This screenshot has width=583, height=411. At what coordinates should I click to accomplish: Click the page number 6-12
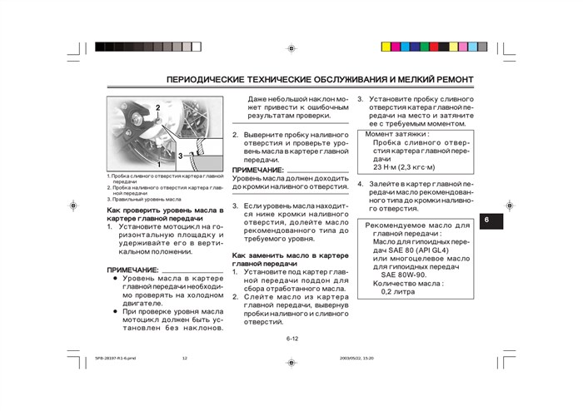pyautogui.click(x=291, y=339)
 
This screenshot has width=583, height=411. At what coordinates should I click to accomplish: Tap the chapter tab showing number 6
pyautogui.click(x=489, y=220)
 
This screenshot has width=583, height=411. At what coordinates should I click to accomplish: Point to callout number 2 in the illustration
pyautogui.click(x=157, y=108)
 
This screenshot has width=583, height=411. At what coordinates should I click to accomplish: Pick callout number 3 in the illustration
pyautogui.click(x=179, y=156)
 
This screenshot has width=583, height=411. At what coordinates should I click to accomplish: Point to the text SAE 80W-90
pyautogui.click(x=404, y=274)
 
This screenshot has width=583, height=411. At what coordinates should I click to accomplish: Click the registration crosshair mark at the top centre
pyautogui.click(x=291, y=48)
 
